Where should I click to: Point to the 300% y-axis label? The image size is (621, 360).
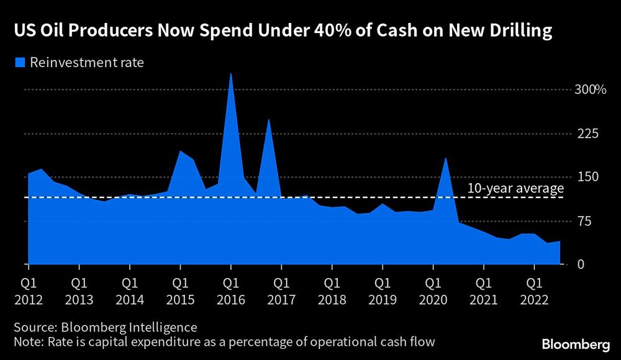(590, 90)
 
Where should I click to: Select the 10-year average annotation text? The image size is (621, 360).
(515, 188)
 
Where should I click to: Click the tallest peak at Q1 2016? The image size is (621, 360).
(230, 74)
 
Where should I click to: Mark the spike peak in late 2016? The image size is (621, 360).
(268, 120)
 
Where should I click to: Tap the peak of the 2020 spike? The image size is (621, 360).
(445, 158)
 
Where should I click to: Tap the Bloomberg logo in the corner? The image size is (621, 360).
(574, 344)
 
